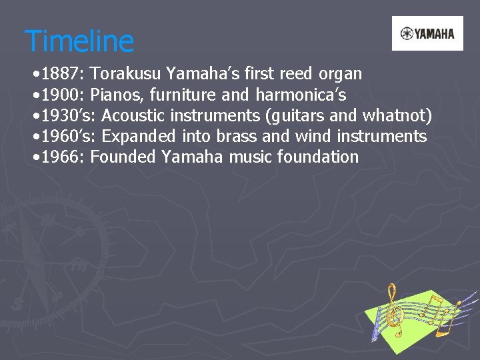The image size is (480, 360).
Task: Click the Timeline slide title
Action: click(79, 41)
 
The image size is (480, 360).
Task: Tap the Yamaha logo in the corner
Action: click(427, 33)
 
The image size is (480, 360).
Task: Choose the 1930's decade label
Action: click(68, 115)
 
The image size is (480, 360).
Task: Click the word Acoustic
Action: click(133, 115)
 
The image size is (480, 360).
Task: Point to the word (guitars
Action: click(293, 115)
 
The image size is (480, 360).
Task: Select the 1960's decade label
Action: click(68, 137)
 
